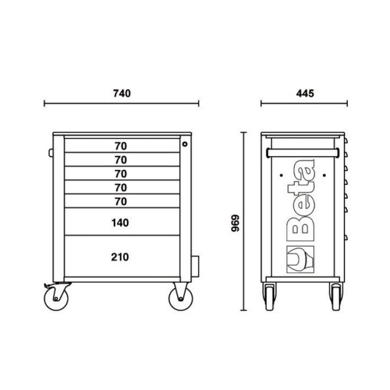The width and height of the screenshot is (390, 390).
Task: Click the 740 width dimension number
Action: (122, 94)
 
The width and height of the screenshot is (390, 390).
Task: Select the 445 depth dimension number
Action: (305, 94)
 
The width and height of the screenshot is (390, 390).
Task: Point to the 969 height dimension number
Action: (235, 223)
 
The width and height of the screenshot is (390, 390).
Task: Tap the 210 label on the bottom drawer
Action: (120, 257)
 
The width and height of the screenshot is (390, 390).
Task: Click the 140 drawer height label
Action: (120, 223)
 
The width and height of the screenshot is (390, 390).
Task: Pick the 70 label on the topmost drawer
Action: (121, 146)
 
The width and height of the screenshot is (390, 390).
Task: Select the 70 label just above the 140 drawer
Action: (121, 202)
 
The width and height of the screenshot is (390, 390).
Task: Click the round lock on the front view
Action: (185, 144)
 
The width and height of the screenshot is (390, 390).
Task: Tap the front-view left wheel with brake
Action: (56, 298)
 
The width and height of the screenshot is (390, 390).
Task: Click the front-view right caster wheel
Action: (180, 298)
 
